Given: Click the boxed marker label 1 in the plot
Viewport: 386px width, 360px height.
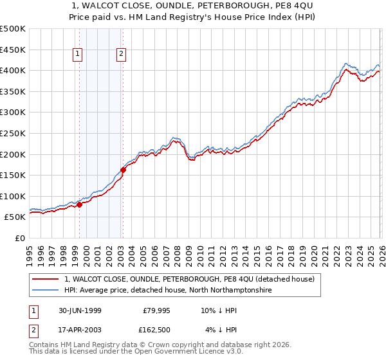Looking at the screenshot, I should click(77, 55).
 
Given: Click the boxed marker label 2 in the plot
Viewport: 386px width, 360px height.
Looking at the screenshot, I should click(121, 55).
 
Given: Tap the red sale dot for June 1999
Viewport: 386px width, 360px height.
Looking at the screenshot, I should click(80, 204).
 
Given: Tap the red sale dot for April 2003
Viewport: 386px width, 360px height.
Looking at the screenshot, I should click(123, 170).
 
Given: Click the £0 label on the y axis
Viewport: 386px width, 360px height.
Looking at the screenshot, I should click(19, 238).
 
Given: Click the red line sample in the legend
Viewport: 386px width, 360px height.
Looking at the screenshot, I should click(46, 279).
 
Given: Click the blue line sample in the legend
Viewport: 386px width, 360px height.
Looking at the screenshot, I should click(46, 291).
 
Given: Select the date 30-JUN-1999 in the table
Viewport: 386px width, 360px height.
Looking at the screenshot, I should click(79, 310).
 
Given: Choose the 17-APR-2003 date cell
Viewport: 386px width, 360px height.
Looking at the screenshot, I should click(79, 330).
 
